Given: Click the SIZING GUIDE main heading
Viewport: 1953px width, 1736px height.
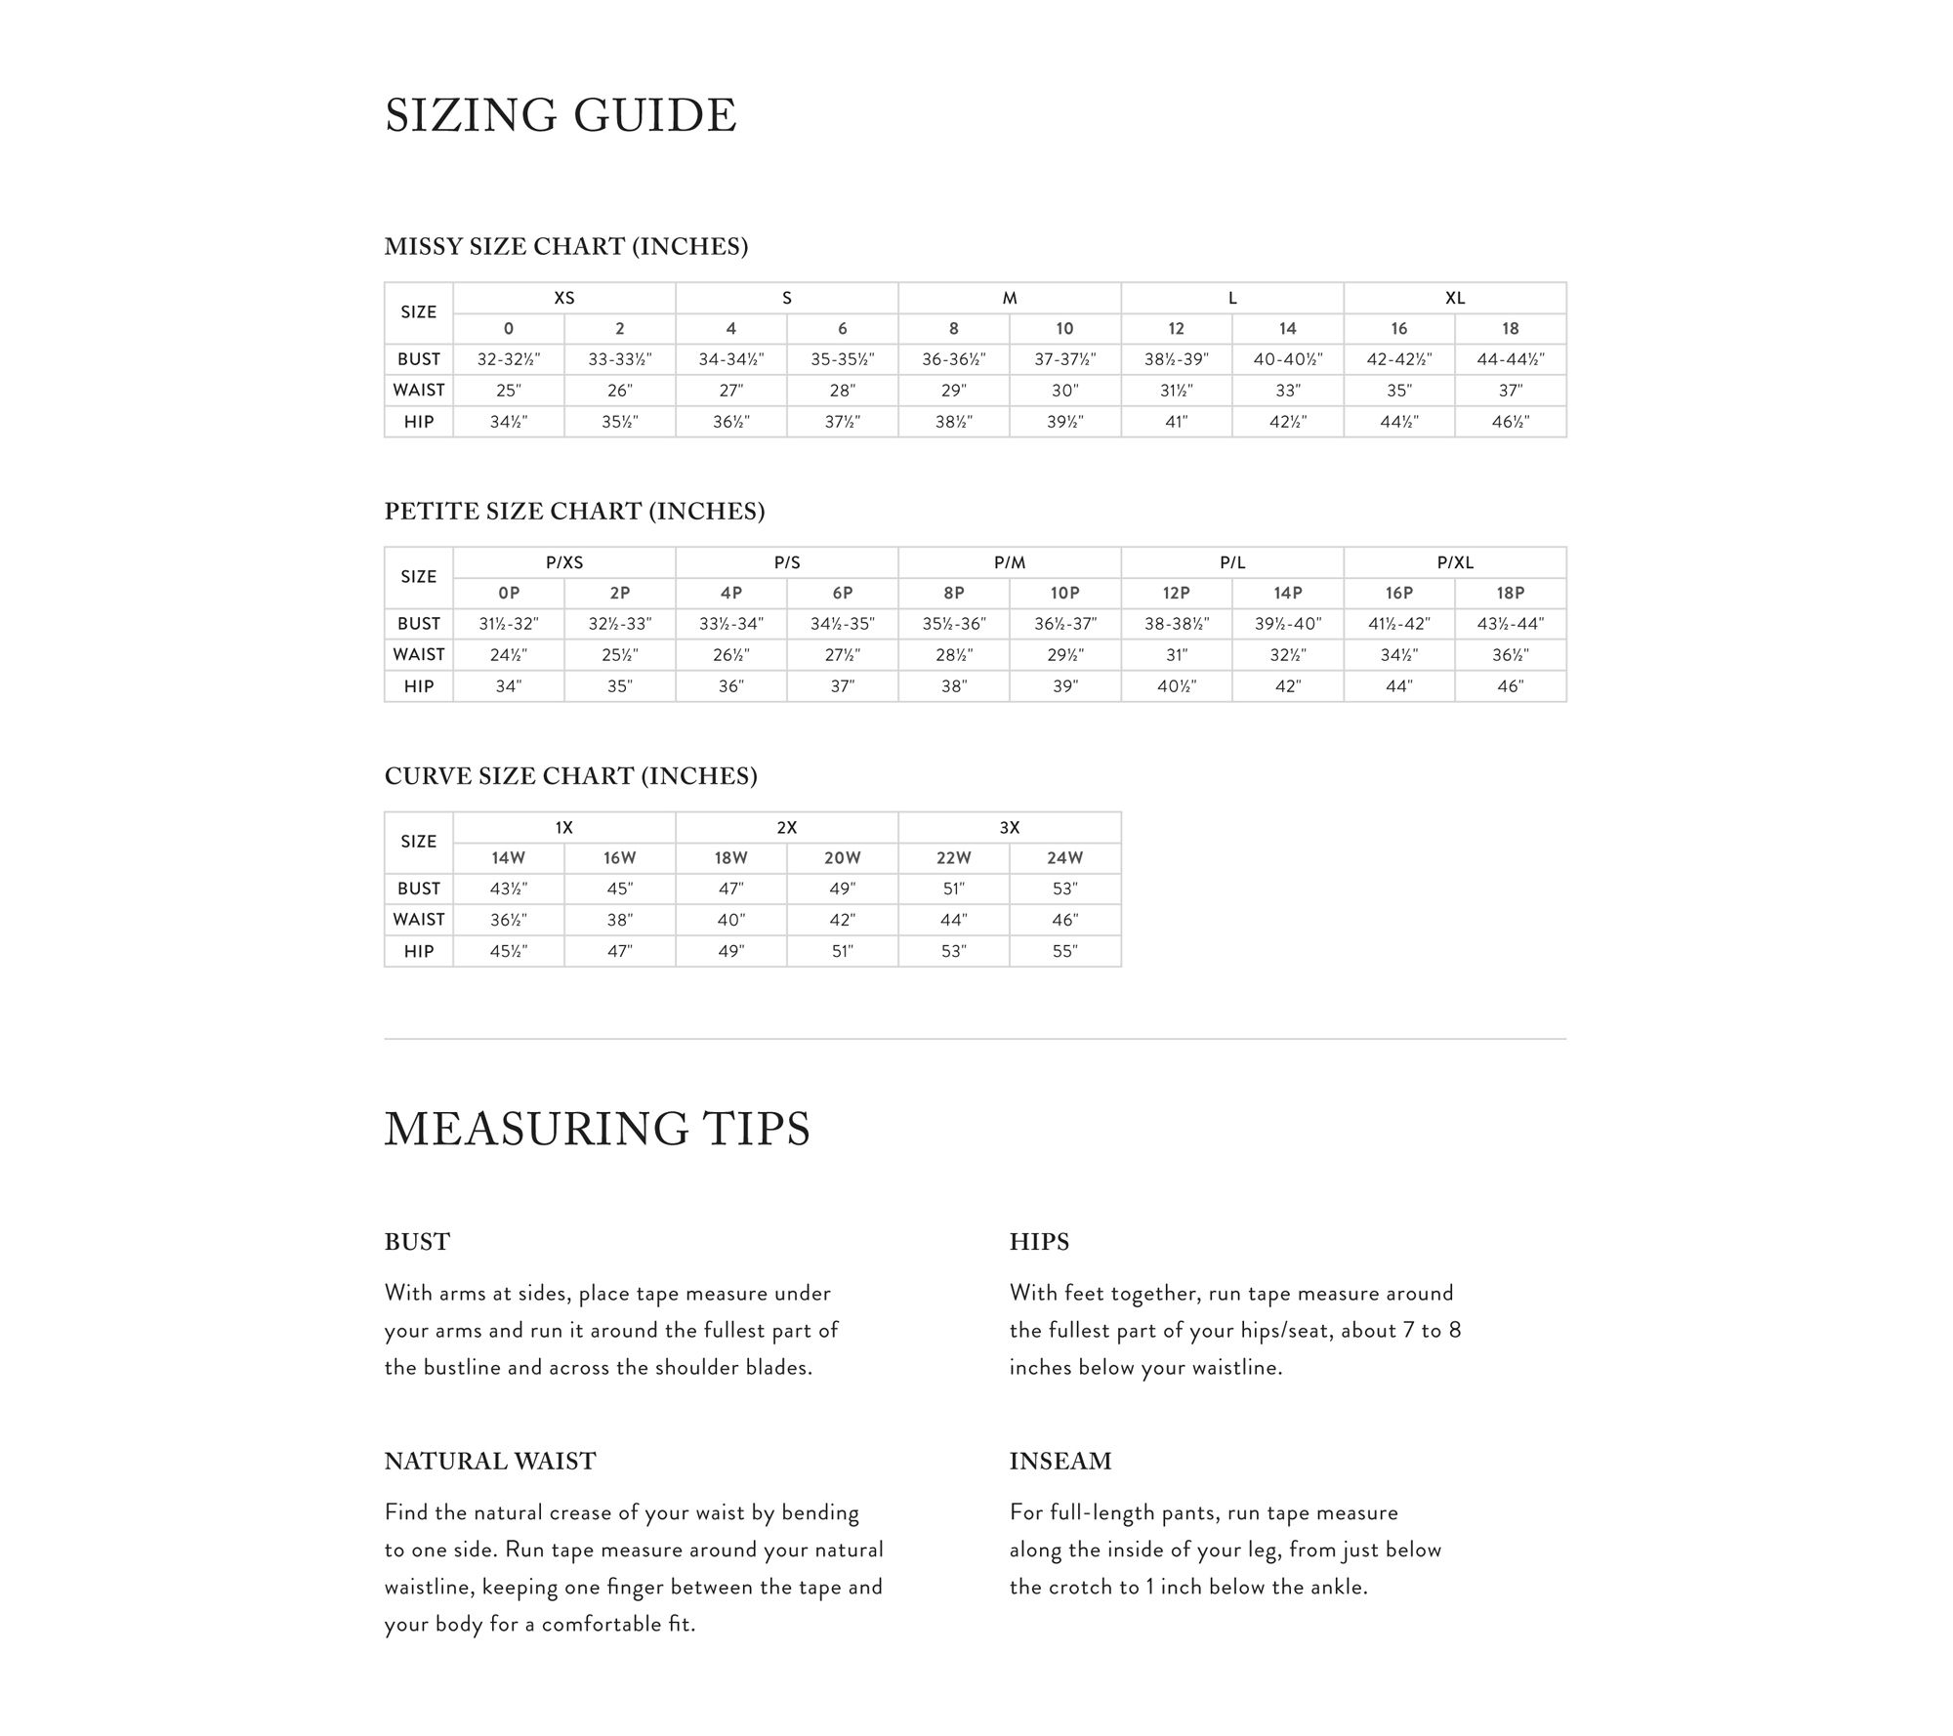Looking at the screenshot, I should tap(561, 115).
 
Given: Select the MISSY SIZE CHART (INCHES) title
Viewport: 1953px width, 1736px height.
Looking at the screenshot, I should tap(565, 246).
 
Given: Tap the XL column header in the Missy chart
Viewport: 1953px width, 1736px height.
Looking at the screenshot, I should tap(1454, 298).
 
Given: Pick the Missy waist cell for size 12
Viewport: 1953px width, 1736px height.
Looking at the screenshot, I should tap(1176, 391).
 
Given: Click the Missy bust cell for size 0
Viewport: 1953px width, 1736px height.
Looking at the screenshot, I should tap(508, 359).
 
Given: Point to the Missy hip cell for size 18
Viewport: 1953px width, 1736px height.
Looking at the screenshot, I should tap(1510, 422).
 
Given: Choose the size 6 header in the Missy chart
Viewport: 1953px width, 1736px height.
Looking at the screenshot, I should tap(842, 329).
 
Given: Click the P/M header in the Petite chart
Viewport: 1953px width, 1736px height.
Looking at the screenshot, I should tap(1009, 562).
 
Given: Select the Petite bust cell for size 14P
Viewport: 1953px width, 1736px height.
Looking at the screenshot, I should tap(1287, 624).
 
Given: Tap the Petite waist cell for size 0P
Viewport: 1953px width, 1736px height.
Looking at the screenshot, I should tap(508, 655).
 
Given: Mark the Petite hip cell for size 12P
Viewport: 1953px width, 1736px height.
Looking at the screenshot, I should tap(1176, 686).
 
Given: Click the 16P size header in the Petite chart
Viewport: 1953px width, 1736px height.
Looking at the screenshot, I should tap(1398, 594).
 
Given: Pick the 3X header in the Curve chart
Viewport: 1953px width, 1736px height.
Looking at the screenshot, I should tap(1009, 827).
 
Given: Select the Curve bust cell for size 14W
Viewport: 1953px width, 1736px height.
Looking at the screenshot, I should tap(508, 889).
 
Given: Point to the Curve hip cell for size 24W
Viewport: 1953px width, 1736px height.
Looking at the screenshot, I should tap(1064, 951).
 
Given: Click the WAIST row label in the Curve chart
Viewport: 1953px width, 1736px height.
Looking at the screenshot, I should tap(418, 920).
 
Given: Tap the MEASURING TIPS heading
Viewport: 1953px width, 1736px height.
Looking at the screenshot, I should tap(597, 1129).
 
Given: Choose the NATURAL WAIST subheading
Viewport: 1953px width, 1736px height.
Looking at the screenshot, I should tap(489, 1461).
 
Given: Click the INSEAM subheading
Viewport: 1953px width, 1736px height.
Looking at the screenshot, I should tap(1060, 1461).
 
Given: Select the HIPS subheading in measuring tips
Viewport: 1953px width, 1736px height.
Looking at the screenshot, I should tap(1039, 1242).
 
